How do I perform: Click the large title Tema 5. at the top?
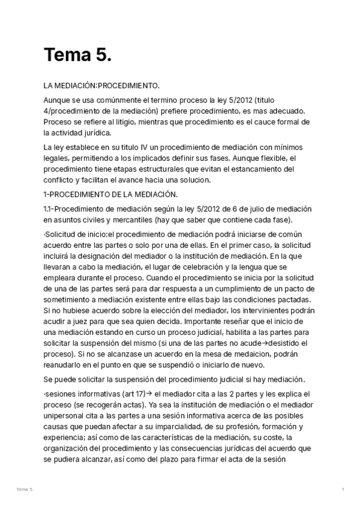pyautogui.click(x=77, y=55)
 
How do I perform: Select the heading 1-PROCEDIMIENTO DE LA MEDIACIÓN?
pyautogui.click(x=110, y=194)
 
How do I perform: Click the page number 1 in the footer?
pyautogui.click(x=343, y=490)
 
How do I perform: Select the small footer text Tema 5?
pyautogui.click(x=25, y=490)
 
